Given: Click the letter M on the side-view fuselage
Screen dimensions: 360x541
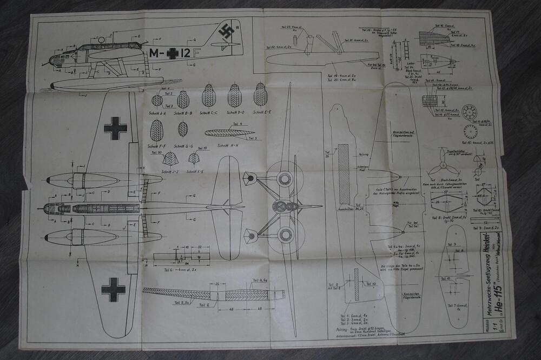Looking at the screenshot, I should coord(154,53).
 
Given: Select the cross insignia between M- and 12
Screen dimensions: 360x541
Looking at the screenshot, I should coord(172,53).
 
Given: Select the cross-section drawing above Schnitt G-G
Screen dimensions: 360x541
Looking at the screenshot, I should coord(183,129).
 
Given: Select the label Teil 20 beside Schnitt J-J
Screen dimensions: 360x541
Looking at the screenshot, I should coord(163,152).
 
